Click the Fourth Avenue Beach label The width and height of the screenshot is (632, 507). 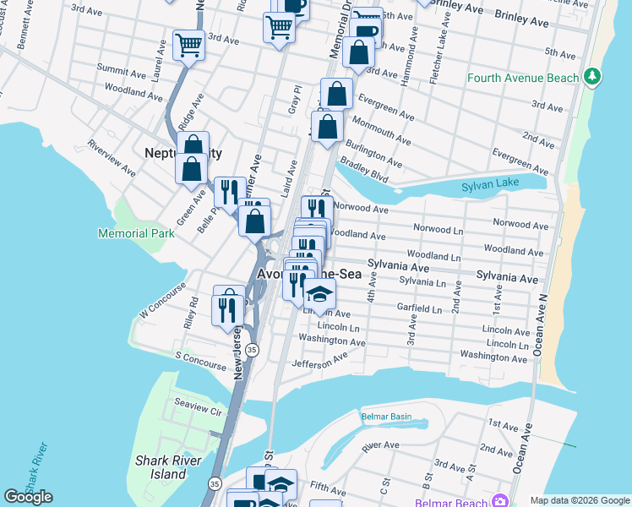523,79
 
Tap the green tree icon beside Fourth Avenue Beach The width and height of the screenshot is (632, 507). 593,77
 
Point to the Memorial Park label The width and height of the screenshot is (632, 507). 135,232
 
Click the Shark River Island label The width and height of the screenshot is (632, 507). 161,467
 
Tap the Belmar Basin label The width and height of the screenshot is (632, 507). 386,417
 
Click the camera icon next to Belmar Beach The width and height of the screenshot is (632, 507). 500,500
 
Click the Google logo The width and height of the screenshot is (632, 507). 28,497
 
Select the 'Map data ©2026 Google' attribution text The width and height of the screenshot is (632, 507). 579,500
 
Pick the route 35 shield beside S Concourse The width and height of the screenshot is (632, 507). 253,350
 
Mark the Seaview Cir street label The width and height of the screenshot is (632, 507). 197,412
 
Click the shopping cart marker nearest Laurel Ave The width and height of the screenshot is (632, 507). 188,45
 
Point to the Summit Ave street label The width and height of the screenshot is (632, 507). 122,68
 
